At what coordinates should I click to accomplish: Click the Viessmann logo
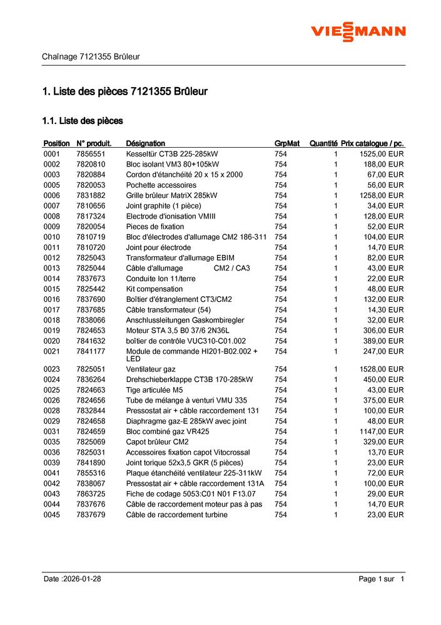[358, 31]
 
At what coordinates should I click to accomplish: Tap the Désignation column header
[145, 143]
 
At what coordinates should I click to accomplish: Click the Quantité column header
[323, 143]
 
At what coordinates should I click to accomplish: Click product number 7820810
[91, 164]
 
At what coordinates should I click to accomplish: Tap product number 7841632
[91, 341]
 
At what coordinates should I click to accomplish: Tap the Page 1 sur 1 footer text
[382, 579]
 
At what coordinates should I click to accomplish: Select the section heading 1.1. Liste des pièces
[82, 120]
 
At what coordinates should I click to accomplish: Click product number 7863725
[91, 494]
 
